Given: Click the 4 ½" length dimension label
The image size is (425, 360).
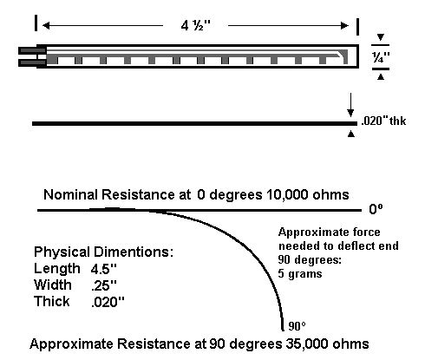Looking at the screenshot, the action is pyautogui.click(x=196, y=26).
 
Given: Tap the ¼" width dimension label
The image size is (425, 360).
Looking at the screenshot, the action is pyautogui.click(x=381, y=57).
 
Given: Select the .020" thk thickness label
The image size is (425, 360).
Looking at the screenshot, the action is pyautogui.click(x=383, y=121).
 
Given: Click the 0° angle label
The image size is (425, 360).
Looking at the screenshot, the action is pyautogui.click(x=376, y=209).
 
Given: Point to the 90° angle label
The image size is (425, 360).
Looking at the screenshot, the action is pyautogui.click(x=297, y=326).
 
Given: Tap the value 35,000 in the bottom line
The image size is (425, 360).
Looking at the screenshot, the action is pyautogui.click(x=307, y=344).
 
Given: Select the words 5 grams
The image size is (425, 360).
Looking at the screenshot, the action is pyautogui.click(x=300, y=273).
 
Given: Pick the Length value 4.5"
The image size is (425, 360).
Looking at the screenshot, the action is pyautogui.click(x=103, y=269).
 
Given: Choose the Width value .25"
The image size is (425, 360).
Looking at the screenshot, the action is pyautogui.click(x=103, y=285).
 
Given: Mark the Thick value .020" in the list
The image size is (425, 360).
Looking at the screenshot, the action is pyautogui.click(x=108, y=302).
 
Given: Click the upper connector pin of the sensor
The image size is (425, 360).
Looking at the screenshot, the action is pyautogui.click(x=32, y=50).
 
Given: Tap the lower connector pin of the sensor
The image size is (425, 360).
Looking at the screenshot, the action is pyautogui.click(x=32, y=62).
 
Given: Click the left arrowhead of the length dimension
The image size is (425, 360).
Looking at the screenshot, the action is pyautogui.click(x=46, y=25).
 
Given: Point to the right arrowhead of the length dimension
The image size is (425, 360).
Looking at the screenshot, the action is pyautogui.click(x=345, y=25).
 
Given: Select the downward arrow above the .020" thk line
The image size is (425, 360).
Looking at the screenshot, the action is pyautogui.click(x=350, y=105).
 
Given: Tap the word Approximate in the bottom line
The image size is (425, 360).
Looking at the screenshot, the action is pyautogui.click(x=72, y=344).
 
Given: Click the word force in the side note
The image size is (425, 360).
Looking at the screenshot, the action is pyautogui.click(x=363, y=232).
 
